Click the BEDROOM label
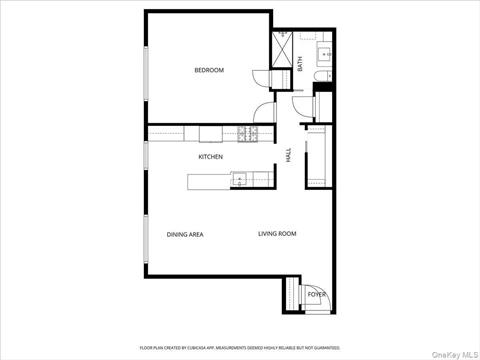(x=208, y=70)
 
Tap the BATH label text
(x=300, y=63)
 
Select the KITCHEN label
(x=210, y=157)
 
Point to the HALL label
(x=289, y=157)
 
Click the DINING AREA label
(x=185, y=234)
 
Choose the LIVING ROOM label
(x=277, y=234)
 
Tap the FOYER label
(x=316, y=295)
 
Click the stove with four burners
(x=248, y=133)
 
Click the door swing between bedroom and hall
(x=263, y=112)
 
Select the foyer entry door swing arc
(x=293, y=291)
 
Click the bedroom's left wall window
(x=147, y=70)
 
